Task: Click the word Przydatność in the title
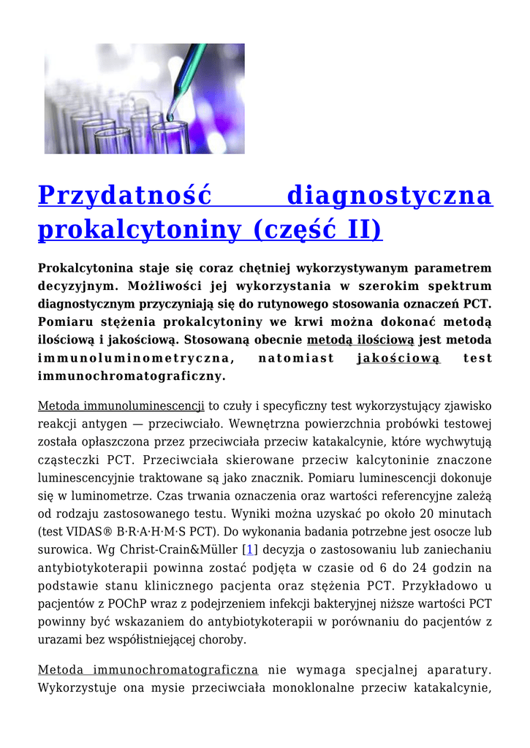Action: click(125, 196)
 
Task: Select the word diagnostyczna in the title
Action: click(390, 196)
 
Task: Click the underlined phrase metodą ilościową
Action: click(360, 340)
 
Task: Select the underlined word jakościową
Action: click(398, 358)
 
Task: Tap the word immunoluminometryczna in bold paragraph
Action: click(136, 358)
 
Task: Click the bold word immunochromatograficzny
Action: click(132, 376)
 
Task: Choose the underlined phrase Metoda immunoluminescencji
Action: click(121, 405)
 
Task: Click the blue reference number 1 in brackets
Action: click(249, 549)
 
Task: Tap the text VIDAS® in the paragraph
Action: click(88, 531)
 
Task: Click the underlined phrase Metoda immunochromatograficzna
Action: click(148, 670)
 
